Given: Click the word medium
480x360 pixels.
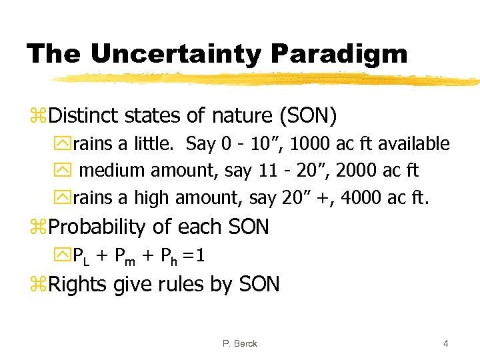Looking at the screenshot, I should coord(113,171).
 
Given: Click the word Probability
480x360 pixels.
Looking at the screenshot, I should coord(98,227).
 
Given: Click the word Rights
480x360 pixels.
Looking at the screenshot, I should coord(79,285).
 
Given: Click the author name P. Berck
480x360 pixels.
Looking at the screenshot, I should coord(241,343).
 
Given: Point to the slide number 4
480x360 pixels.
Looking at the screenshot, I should coord(445,343).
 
